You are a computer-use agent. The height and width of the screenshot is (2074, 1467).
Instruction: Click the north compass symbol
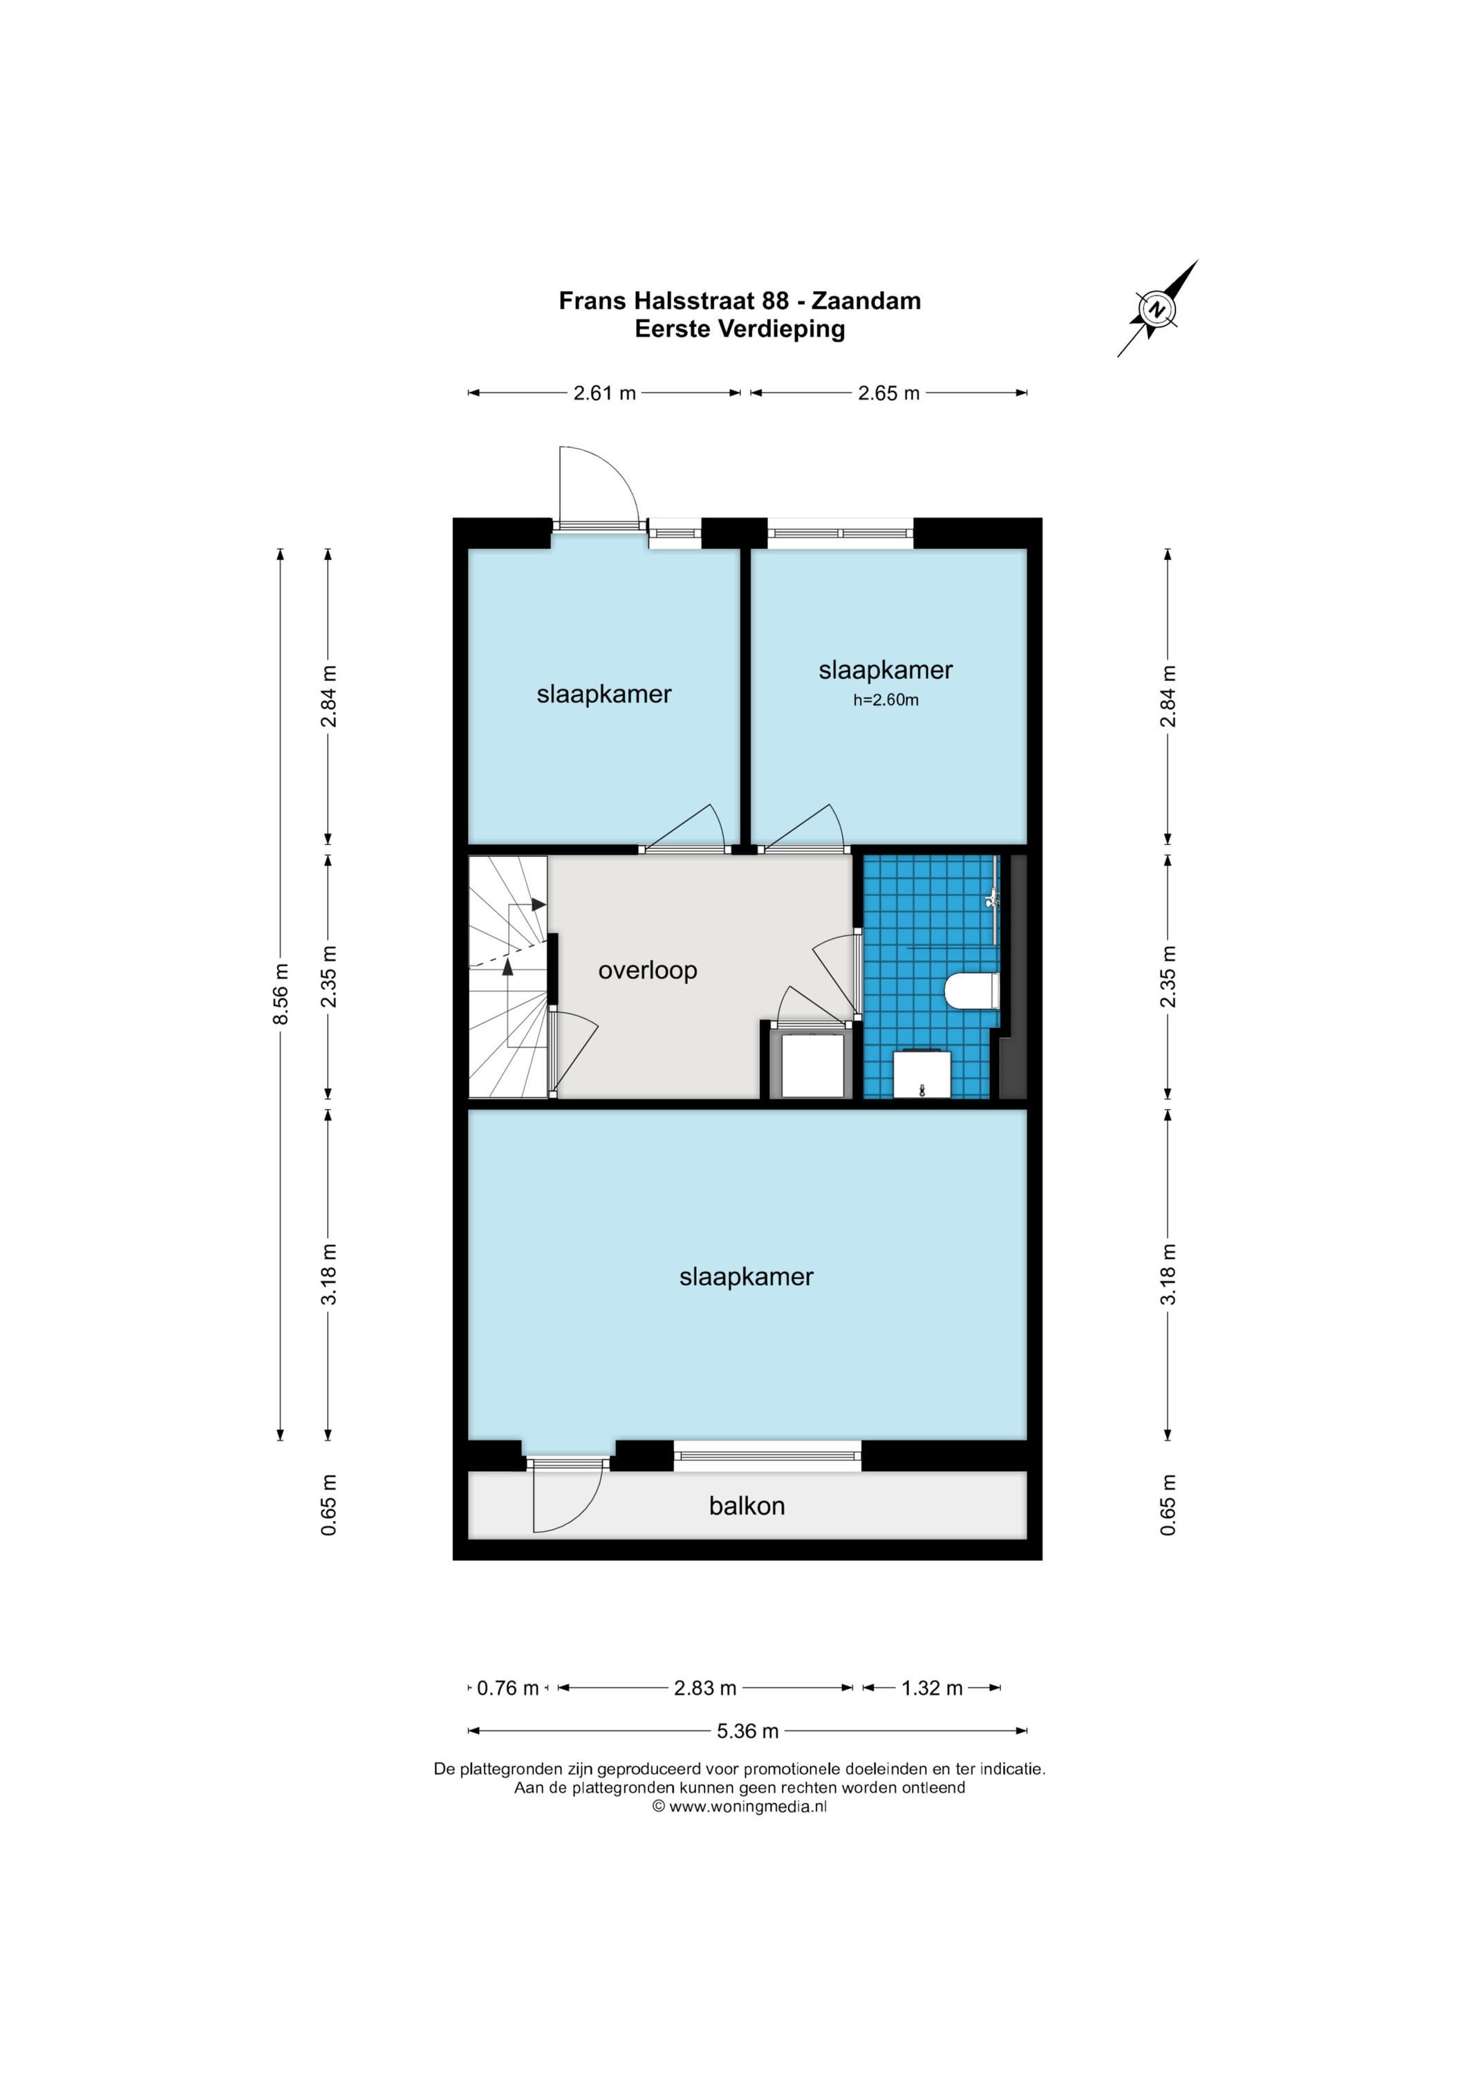point(1157,309)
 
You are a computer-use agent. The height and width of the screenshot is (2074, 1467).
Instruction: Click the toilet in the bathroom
point(972,990)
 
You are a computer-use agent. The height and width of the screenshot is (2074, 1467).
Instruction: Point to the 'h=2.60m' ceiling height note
point(886,700)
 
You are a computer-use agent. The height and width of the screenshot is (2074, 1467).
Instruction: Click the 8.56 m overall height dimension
point(281,993)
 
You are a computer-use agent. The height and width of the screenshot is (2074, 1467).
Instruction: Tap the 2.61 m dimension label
point(604,393)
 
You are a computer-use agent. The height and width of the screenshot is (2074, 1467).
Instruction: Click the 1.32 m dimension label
point(932,1688)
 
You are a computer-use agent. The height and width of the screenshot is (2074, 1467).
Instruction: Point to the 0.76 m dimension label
point(507,1688)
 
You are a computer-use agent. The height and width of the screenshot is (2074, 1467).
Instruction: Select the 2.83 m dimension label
point(705,1688)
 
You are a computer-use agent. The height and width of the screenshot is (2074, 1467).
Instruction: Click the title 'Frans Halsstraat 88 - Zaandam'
point(740,301)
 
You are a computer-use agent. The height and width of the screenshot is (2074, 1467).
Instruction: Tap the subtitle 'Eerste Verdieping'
point(740,329)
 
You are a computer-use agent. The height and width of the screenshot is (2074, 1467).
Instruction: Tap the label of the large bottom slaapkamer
point(746,1276)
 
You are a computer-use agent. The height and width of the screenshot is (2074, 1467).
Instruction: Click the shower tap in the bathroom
point(992,899)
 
